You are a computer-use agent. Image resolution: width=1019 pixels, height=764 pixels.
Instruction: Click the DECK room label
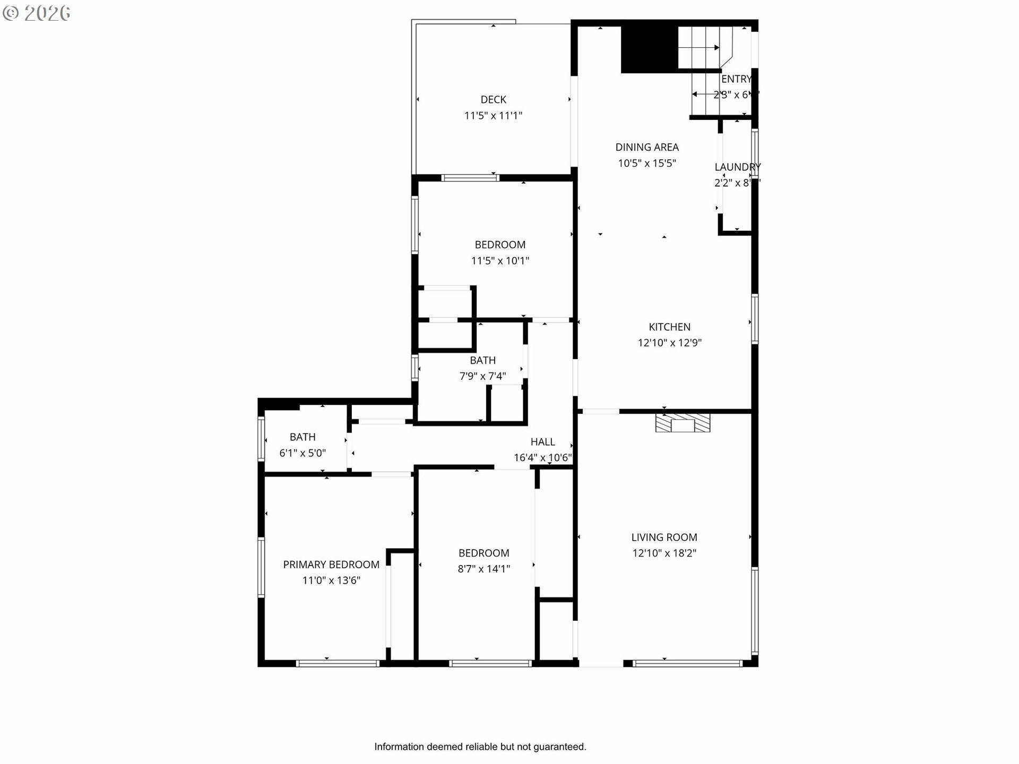pyautogui.click(x=493, y=100)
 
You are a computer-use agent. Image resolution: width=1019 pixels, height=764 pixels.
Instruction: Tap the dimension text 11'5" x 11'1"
pyautogui.click(x=493, y=116)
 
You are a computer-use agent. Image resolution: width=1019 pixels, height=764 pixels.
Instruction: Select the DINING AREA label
pyautogui.click(x=646, y=147)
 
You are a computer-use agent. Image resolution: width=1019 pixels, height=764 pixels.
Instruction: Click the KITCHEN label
pyautogui.click(x=669, y=327)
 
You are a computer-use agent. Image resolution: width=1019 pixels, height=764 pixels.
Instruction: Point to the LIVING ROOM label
pyautogui.click(x=664, y=537)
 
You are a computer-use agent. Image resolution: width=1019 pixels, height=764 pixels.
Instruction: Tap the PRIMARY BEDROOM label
pyautogui.click(x=331, y=565)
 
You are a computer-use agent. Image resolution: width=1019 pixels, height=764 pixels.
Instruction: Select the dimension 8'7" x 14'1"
pyautogui.click(x=483, y=569)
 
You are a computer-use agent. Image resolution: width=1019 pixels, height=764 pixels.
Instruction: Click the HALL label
pyautogui.click(x=542, y=442)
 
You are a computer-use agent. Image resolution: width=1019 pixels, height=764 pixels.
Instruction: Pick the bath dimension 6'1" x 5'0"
pyautogui.click(x=303, y=453)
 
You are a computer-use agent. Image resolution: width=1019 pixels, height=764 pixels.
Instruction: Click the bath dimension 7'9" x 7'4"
pyautogui.click(x=482, y=376)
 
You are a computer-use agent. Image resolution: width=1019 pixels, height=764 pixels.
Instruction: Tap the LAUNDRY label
pyautogui.click(x=737, y=167)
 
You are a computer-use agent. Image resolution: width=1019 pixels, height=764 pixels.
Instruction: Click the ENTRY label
pyautogui.click(x=736, y=79)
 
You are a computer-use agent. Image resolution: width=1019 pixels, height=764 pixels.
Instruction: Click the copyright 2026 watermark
pyautogui.click(x=36, y=13)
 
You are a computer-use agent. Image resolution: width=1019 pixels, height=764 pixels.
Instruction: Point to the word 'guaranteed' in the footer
pyautogui.click(x=559, y=747)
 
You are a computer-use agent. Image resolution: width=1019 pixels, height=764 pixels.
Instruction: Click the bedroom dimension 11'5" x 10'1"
pyautogui.click(x=500, y=261)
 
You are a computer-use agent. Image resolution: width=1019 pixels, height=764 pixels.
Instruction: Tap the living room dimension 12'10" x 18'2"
pyautogui.click(x=664, y=553)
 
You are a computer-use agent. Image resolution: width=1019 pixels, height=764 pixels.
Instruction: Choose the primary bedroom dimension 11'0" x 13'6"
pyautogui.click(x=331, y=581)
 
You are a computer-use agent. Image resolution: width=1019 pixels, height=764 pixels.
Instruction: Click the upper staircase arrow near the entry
pyautogui.click(x=699, y=48)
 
